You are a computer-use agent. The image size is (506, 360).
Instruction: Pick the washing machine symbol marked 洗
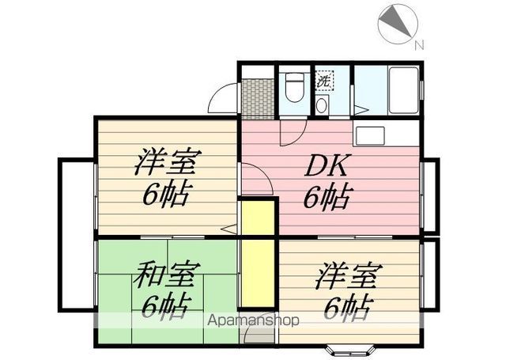point(324,80)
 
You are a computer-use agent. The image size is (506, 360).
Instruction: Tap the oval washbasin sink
point(323,106)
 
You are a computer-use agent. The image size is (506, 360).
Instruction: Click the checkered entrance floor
point(257,98)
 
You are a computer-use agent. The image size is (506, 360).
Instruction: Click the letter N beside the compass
point(420,44)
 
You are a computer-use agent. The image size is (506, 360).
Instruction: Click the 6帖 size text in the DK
point(327,196)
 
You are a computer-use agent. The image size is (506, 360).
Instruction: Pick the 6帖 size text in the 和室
point(166,305)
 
